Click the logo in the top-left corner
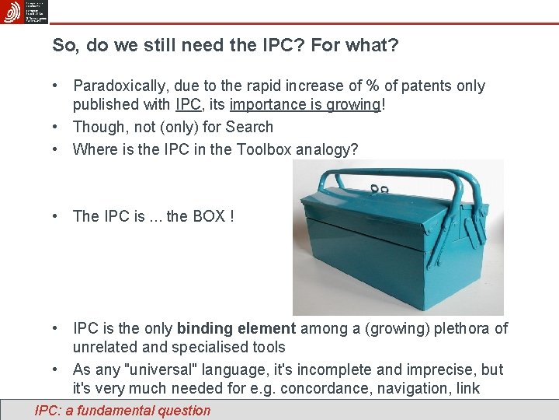[x=12, y=12]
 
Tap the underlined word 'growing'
[x=354, y=105]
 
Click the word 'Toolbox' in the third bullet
[x=265, y=149]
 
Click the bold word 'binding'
[x=202, y=329]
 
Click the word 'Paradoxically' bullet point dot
[x=57, y=86]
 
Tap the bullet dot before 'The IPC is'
[x=57, y=215]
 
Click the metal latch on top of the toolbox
[x=379, y=190]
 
